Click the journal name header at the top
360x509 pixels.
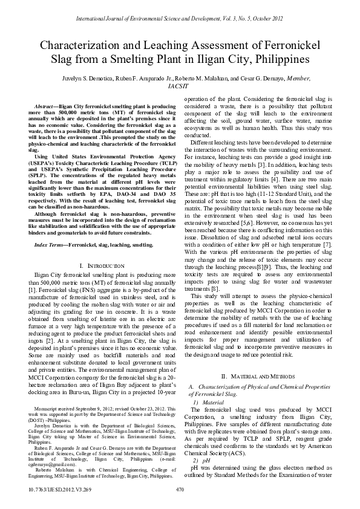(180, 11)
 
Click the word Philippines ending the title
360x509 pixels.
(277, 60)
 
